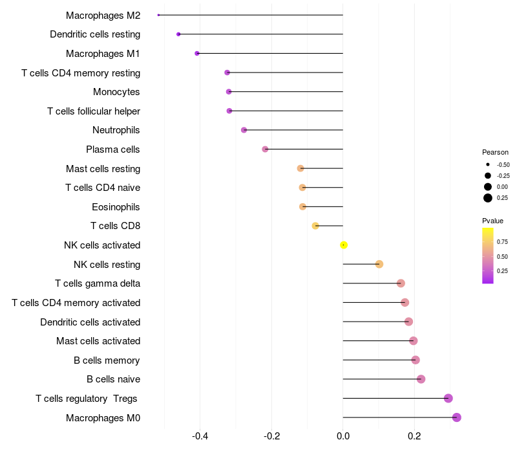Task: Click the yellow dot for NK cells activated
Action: (x=344, y=245)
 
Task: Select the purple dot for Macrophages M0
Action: (x=457, y=417)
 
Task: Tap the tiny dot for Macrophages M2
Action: (x=158, y=15)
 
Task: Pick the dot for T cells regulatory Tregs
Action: (x=448, y=399)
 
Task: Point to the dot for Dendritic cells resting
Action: (x=178, y=34)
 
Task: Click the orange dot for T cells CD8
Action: (x=315, y=226)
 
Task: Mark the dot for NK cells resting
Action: (x=379, y=264)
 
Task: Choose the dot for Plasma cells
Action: (x=265, y=149)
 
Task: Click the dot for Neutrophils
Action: (x=244, y=130)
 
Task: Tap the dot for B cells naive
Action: (x=421, y=379)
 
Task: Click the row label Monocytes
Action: (x=116, y=92)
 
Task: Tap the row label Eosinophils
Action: (x=116, y=207)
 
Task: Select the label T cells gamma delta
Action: (x=98, y=283)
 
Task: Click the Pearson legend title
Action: (x=495, y=152)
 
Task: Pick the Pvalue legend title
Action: (x=492, y=221)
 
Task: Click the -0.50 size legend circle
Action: (x=488, y=164)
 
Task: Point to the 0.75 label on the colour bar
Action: (x=502, y=242)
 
